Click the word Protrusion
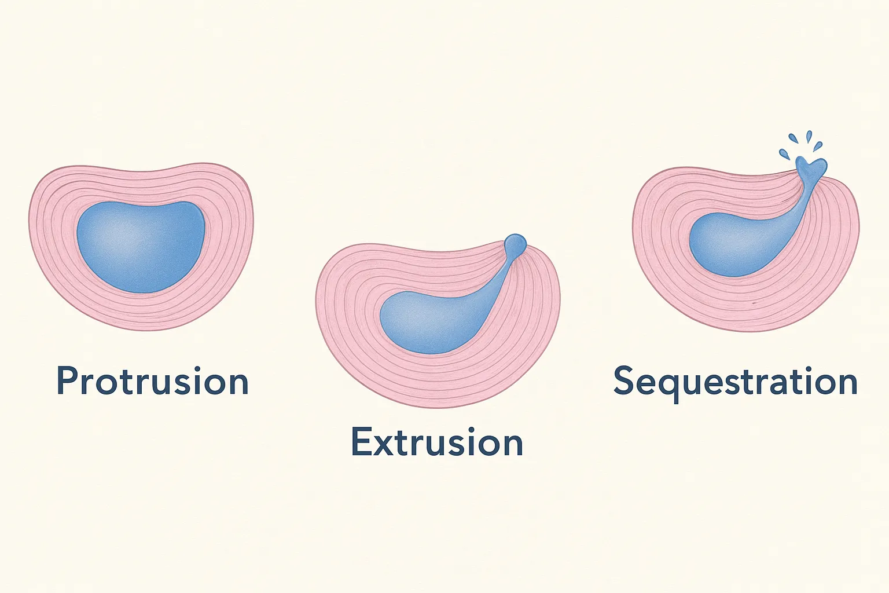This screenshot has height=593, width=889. click(x=153, y=380)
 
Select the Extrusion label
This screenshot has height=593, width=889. click(x=437, y=442)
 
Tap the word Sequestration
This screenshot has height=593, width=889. click(x=735, y=381)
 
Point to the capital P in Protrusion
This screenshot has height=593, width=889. click(x=67, y=380)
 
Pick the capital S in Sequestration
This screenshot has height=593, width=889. click(x=623, y=380)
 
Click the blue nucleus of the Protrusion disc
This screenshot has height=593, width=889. click(x=141, y=246)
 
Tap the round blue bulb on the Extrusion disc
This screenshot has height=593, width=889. click(x=515, y=243)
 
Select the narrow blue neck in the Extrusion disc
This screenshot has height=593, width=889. click(x=501, y=278)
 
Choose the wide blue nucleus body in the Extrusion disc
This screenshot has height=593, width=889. click(x=429, y=323)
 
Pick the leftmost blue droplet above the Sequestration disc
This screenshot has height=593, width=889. click(x=785, y=154)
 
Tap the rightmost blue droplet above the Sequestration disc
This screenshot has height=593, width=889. click(x=818, y=146)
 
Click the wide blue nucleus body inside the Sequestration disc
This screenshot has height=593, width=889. click(x=734, y=246)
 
